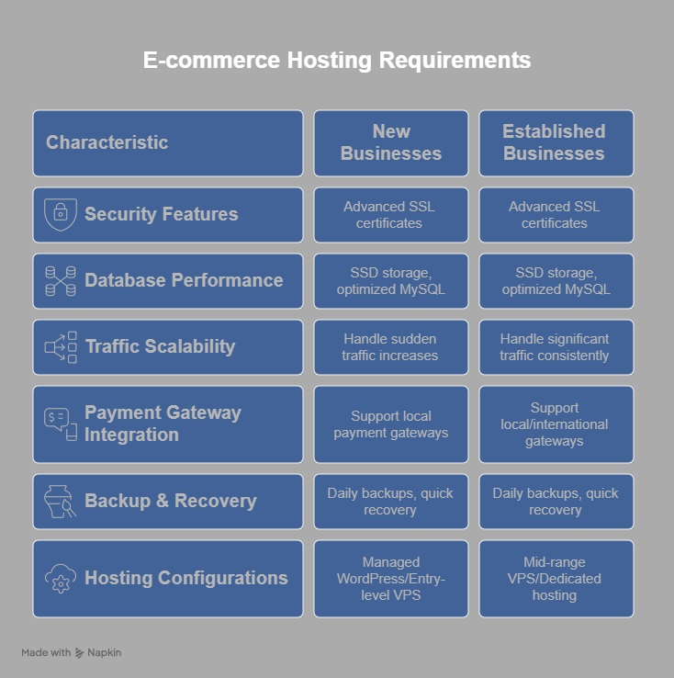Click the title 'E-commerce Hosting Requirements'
click(337, 60)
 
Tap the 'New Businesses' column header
click(391, 143)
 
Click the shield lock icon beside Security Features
click(61, 214)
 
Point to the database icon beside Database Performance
click(61, 281)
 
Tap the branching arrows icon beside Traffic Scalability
click(61, 347)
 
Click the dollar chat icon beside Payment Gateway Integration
click(61, 424)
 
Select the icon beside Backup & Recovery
click(60, 502)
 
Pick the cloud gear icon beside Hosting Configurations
click(61, 579)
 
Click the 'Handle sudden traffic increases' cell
click(391, 347)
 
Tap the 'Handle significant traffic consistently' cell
click(556, 347)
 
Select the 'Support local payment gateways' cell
click(391, 424)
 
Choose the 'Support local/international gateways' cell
click(556, 424)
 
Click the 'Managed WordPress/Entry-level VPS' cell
click(391, 579)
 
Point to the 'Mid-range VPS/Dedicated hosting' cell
click(556, 579)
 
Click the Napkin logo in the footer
click(80, 653)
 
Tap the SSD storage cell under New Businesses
click(391, 281)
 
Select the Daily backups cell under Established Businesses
click(556, 502)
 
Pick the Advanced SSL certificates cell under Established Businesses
click(556, 215)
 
